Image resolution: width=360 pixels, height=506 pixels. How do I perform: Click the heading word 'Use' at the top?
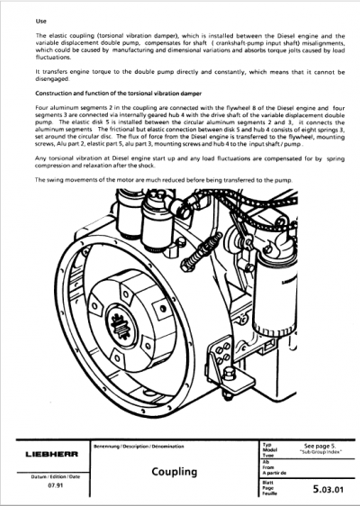pos(40,19)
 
